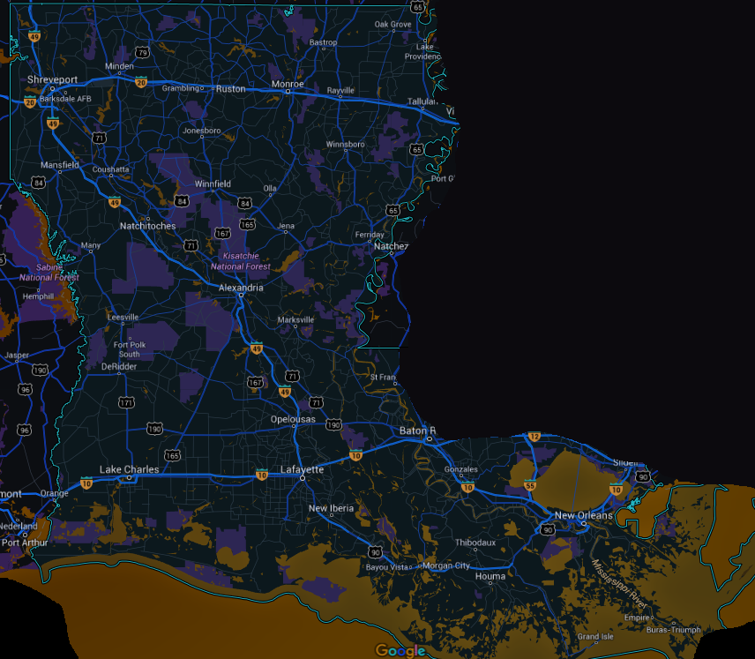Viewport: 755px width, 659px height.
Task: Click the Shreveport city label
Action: [x=52, y=79]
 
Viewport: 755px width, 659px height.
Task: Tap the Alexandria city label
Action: [x=240, y=288]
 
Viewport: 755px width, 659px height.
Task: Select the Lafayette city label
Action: [x=302, y=469]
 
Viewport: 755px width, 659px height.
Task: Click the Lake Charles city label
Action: [x=129, y=469]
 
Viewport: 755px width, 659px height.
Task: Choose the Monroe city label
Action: [x=288, y=84]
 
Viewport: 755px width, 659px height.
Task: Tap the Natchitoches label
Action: [x=147, y=226]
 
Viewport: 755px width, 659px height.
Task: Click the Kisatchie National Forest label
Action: [x=240, y=260]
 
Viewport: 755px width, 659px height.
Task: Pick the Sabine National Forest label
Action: [x=49, y=272]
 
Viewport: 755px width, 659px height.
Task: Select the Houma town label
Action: [x=490, y=576]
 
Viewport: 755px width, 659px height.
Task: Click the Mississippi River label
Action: [x=620, y=584]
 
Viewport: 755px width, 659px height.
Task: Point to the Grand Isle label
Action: [x=594, y=636]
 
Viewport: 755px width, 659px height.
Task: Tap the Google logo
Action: [x=400, y=651]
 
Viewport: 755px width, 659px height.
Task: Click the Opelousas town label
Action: [x=292, y=419]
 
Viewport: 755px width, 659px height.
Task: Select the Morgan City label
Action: [x=446, y=565]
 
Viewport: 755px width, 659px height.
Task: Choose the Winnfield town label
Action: [x=213, y=183]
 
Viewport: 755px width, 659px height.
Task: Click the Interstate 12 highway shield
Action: [x=534, y=437]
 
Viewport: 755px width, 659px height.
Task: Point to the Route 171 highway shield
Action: [x=126, y=402]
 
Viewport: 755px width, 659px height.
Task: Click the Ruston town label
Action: [x=230, y=88]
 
